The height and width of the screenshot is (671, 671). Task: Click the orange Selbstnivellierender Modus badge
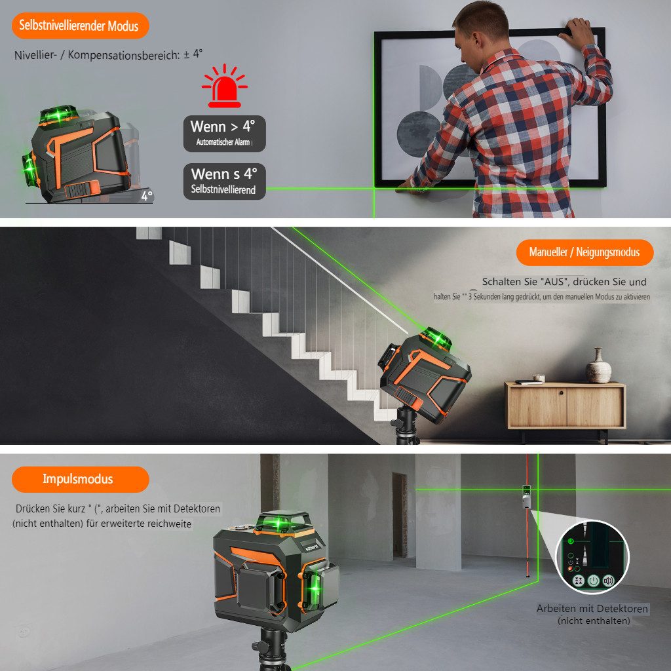[79, 26]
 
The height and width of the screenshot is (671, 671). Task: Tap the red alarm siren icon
[224, 87]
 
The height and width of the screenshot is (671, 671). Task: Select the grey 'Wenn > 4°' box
[224, 133]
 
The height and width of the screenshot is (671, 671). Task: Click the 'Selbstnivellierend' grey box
[224, 182]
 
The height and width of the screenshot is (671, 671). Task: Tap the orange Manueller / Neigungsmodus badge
[585, 252]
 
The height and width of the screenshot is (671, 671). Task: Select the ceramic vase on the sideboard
[598, 366]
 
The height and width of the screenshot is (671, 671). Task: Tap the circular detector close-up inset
[592, 556]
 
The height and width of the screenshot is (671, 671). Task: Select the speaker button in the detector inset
[609, 581]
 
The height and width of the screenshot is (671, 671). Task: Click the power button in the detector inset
[593, 581]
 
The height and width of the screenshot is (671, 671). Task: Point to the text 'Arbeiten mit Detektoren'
[592, 609]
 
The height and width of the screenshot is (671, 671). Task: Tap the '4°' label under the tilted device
[146, 195]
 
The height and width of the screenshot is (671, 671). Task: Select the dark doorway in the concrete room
[399, 515]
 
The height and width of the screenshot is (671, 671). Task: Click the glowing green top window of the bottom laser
[281, 524]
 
